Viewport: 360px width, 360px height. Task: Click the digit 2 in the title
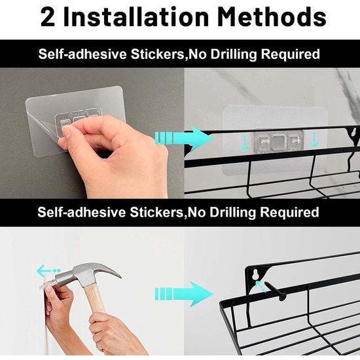[x=48, y=17]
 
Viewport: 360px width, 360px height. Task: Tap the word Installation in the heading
[x=135, y=16]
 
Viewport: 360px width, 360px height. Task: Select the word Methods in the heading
[x=272, y=16]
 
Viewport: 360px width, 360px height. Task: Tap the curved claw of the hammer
[x=109, y=270]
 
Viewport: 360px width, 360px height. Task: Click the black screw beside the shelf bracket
[x=276, y=291]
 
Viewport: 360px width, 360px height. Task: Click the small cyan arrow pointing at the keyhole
[x=261, y=286]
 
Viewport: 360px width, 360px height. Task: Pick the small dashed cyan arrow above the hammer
[x=48, y=270]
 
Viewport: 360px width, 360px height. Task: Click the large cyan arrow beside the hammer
[x=184, y=293]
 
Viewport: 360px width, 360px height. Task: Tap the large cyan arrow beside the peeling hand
[x=184, y=138]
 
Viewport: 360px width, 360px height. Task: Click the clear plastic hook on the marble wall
[x=278, y=141]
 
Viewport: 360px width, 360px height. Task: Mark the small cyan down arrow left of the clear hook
[x=245, y=143]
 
